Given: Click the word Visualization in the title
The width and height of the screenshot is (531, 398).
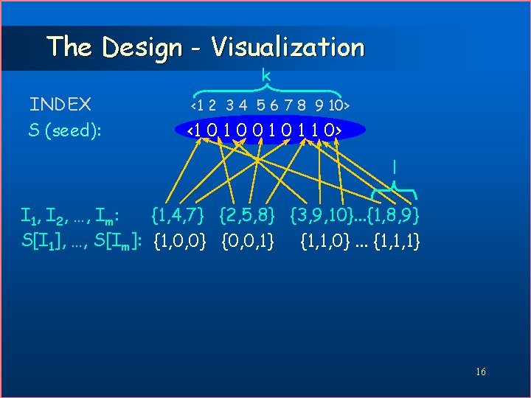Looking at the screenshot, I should pos(288,47).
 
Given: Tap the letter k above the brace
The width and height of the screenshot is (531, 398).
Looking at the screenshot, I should pos(266,75).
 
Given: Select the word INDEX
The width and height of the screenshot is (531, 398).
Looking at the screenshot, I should pos(60,105).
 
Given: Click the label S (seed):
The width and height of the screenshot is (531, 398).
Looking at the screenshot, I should pos(65,130).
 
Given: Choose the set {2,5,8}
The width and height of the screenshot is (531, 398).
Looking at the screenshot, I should pos(247,216).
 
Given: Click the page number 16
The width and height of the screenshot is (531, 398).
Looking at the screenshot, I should pos(481,371).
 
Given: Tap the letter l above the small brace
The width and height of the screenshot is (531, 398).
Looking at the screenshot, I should pos(395,167).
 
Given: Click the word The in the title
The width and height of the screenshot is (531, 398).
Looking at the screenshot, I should pos(69,47).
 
